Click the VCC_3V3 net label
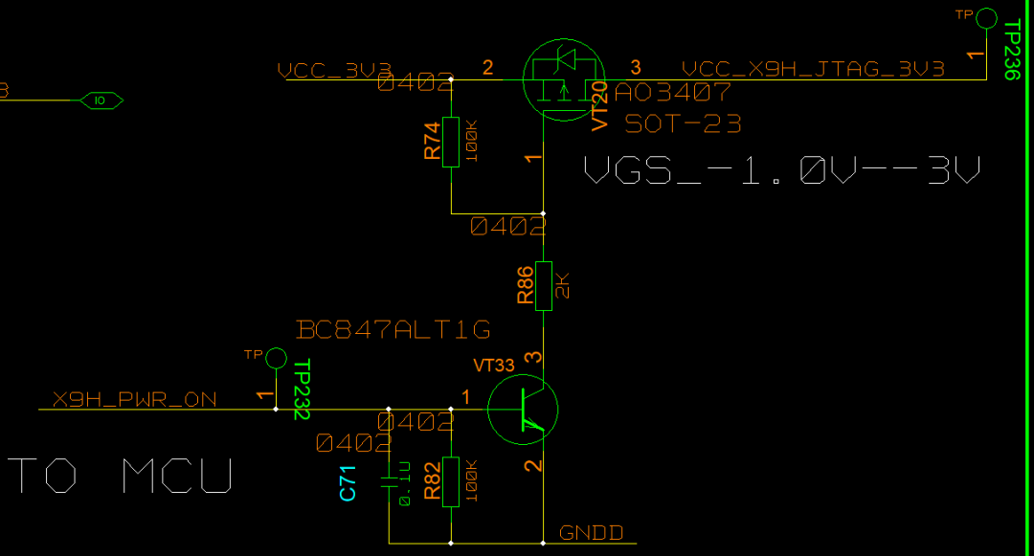tap(334, 70)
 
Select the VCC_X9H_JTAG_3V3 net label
tap(813, 69)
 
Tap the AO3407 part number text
tap(673, 93)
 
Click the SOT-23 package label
tap(683, 123)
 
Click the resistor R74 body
tap(451, 141)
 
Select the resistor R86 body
tap(544, 285)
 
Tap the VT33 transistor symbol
tap(522, 410)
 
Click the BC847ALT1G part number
tap(393, 330)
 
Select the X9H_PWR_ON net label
tap(134, 400)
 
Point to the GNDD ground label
tap(591, 533)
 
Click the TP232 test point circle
tap(276, 358)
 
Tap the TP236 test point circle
tap(985, 17)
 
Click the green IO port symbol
tap(100, 100)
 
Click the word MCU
tap(177, 475)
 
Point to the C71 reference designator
tap(348, 481)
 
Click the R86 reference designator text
tap(525, 285)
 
